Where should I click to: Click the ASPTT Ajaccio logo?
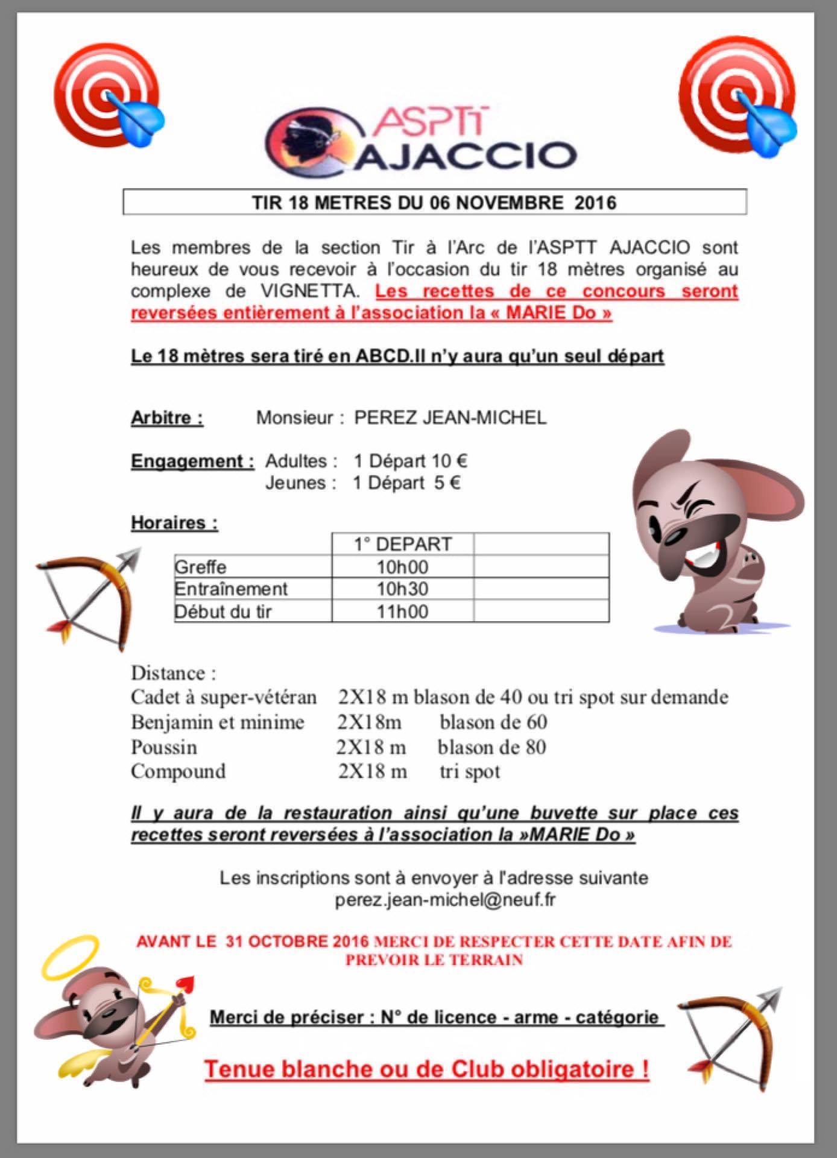[x=421, y=140]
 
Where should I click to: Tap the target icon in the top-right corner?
[x=736, y=97]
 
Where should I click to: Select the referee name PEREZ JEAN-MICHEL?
[x=450, y=417]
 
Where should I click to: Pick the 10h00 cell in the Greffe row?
[x=402, y=567]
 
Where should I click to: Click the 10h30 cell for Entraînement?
[x=402, y=589]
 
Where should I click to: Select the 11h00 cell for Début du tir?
[x=402, y=612]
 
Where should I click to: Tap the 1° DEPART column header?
[x=402, y=544]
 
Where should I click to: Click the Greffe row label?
[x=200, y=567]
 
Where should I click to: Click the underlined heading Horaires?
[x=174, y=522]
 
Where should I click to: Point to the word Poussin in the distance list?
[x=164, y=747]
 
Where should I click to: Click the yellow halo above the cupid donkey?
[x=70, y=957]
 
